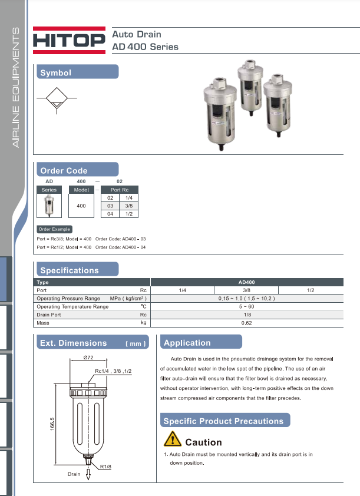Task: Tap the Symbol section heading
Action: (x=55, y=73)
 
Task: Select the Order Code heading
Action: (x=64, y=171)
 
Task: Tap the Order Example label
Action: (x=54, y=229)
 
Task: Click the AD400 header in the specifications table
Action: (x=246, y=283)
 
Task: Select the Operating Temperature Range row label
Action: (x=72, y=307)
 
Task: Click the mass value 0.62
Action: (x=246, y=323)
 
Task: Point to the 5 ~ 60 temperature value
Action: (x=246, y=307)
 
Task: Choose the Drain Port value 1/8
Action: (x=246, y=315)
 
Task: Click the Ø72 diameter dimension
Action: (x=89, y=358)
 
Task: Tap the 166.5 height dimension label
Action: (x=52, y=424)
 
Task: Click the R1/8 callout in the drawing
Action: (x=106, y=467)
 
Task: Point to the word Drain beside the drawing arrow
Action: (x=74, y=474)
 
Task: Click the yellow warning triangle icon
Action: (x=173, y=439)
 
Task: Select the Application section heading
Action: (x=187, y=343)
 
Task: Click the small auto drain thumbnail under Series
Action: (x=49, y=206)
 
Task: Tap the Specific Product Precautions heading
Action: (x=223, y=421)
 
